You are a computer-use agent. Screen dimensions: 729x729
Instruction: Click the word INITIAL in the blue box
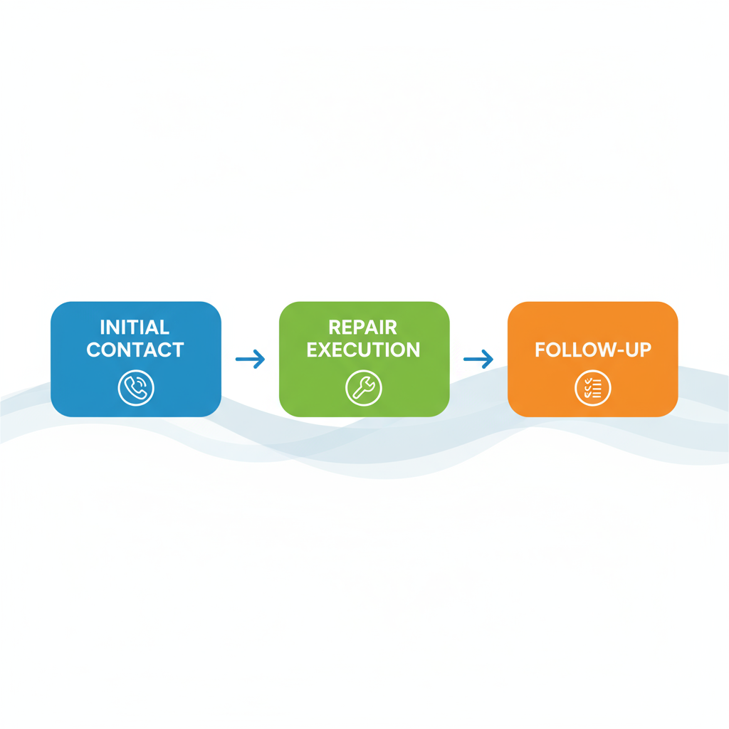[x=135, y=327]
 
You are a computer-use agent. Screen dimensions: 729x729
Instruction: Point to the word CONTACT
[x=135, y=350]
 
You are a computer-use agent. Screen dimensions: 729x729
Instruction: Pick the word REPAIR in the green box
[x=363, y=327]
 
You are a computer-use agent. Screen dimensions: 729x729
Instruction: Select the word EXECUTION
[x=364, y=350]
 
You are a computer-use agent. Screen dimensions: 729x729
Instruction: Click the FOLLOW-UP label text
[x=592, y=350]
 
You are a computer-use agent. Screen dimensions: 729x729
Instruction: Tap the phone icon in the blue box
[x=135, y=388]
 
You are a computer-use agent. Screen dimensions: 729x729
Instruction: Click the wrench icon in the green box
[x=364, y=388]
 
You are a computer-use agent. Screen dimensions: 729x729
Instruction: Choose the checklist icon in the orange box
[x=592, y=388]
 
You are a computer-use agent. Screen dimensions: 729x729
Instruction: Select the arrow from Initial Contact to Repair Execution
[x=250, y=360]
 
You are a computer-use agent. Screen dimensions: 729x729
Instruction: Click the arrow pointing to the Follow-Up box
[x=478, y=360]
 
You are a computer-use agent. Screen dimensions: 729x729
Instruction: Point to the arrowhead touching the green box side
[x=261, y=360]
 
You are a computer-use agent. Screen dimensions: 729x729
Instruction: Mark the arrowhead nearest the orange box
[x=489, y=360]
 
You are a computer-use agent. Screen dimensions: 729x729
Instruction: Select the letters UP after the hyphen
[x=638, y=350]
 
